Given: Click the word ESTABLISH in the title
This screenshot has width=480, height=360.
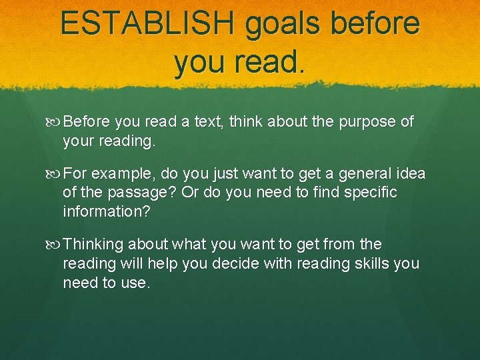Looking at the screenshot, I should click(x=147, y=23).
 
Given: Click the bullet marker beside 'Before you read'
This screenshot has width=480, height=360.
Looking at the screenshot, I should click(x=55, y=123).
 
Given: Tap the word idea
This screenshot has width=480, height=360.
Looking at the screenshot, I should click(x=409, y=174).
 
